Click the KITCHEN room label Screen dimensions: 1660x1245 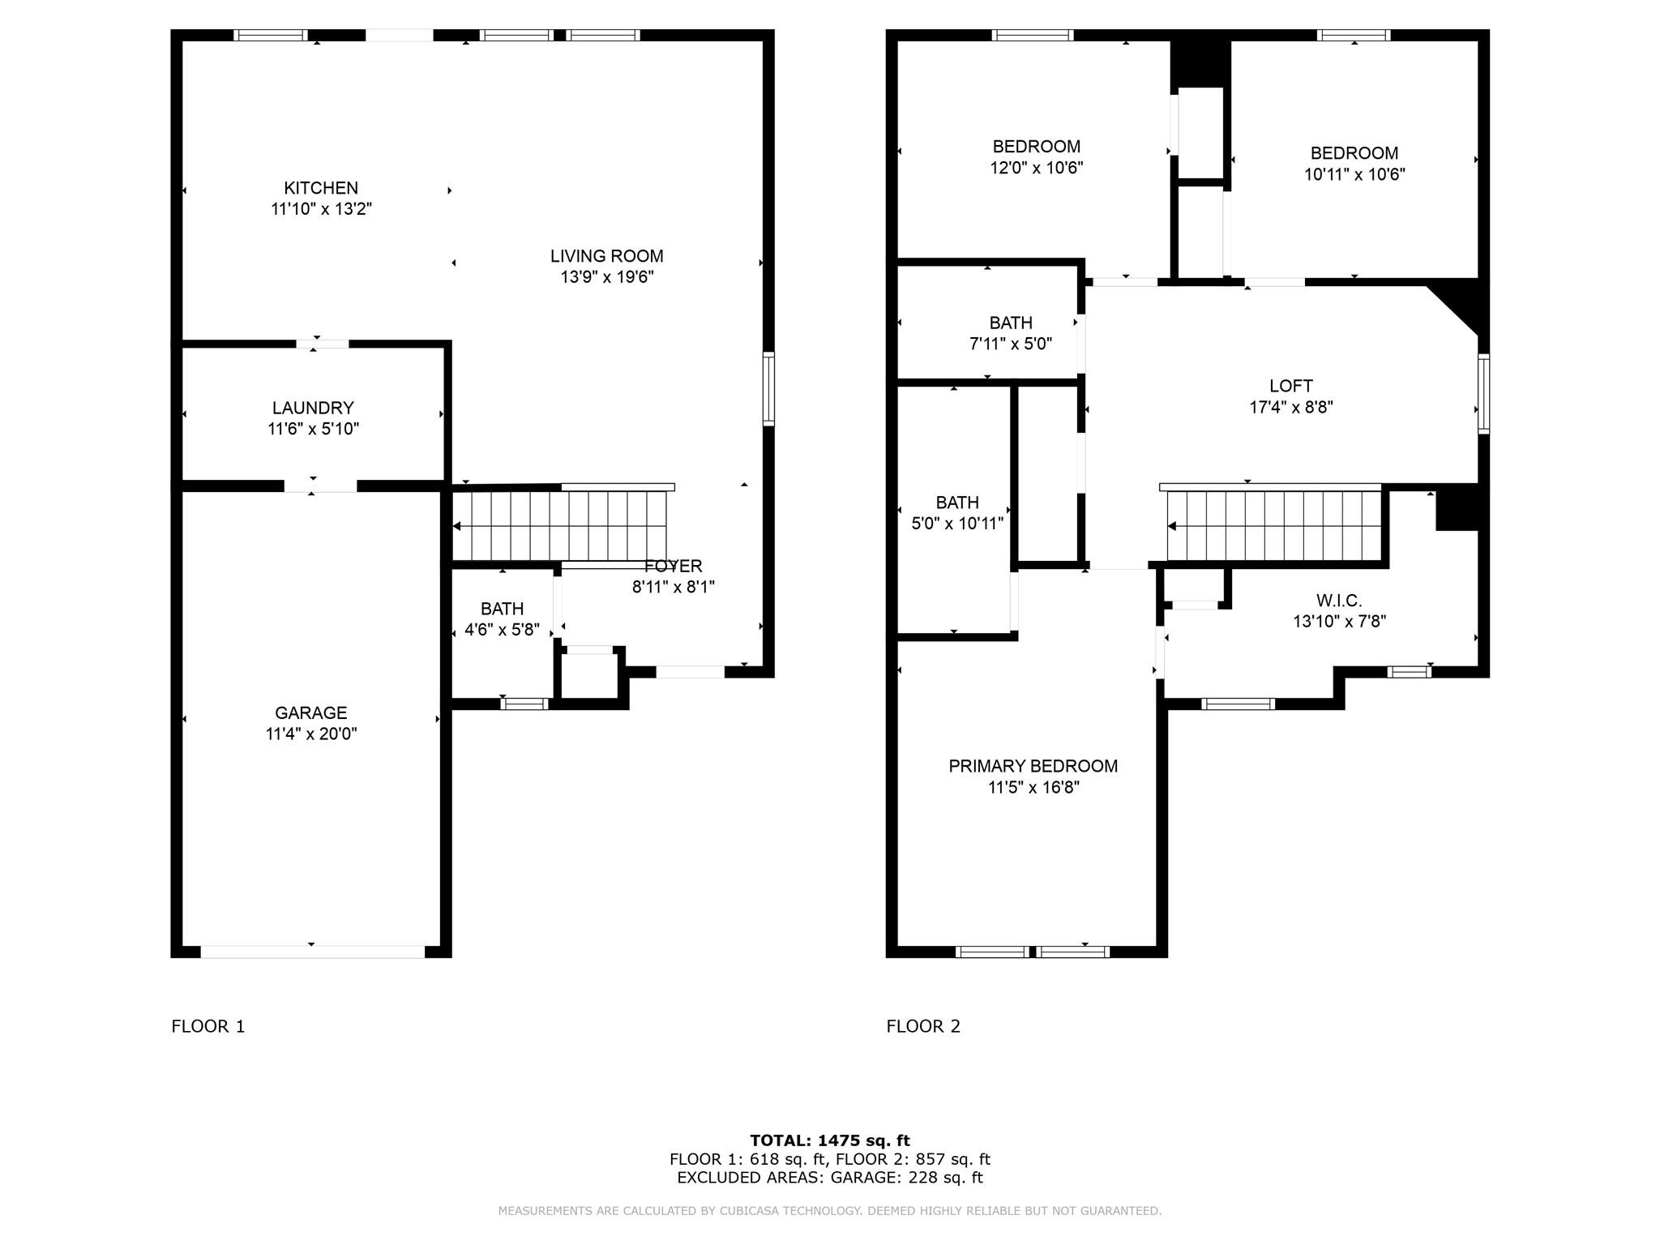pos(321,188)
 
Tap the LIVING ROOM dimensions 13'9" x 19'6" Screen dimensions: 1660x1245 pos(607,277)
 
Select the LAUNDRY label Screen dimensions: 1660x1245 pos(313,408)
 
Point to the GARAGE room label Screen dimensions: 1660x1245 pos(311,712)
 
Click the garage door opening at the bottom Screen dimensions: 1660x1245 pos(312,952)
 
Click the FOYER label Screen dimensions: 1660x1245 pos(673,566)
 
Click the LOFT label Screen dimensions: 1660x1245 pos(1291,386)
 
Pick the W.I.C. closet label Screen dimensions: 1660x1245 pos(1339,601)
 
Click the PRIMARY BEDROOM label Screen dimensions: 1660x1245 pos(1033,766)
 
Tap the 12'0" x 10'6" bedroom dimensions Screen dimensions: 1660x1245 pos(1037,168)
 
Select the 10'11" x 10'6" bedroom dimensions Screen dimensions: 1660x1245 pos(1354,174)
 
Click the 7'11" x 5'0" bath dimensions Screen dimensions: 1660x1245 pos(1011,344)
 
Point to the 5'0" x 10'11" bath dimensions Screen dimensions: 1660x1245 pos(957,524)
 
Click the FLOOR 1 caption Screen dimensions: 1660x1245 pos(208,1026)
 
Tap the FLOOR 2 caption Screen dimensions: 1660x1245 pos(923,1026)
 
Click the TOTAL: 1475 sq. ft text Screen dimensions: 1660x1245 pos(830,1140)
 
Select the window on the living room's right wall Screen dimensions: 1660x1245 pos(768,389)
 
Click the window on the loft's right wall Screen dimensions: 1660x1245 pos(1483,393)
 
